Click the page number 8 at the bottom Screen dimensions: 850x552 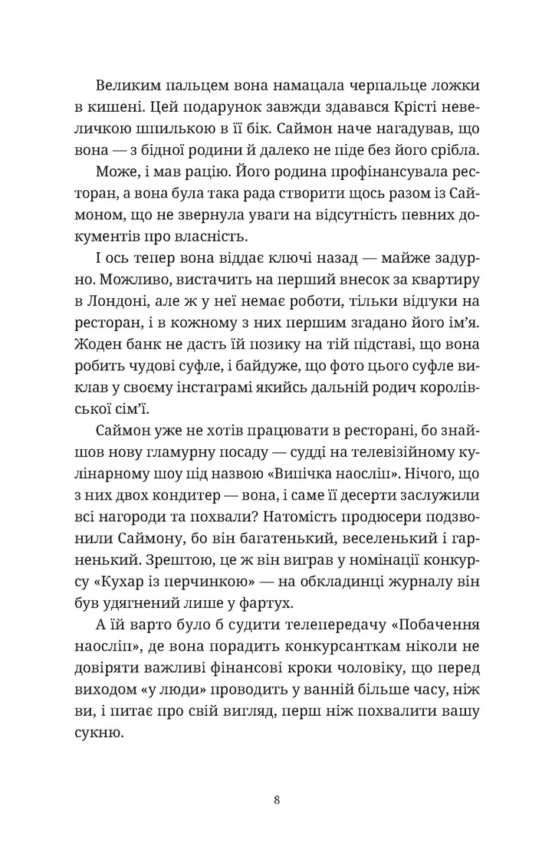point(276,779)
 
